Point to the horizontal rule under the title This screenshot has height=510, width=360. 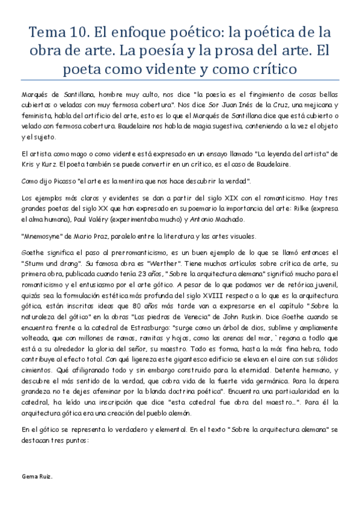click(x=180, y=82)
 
